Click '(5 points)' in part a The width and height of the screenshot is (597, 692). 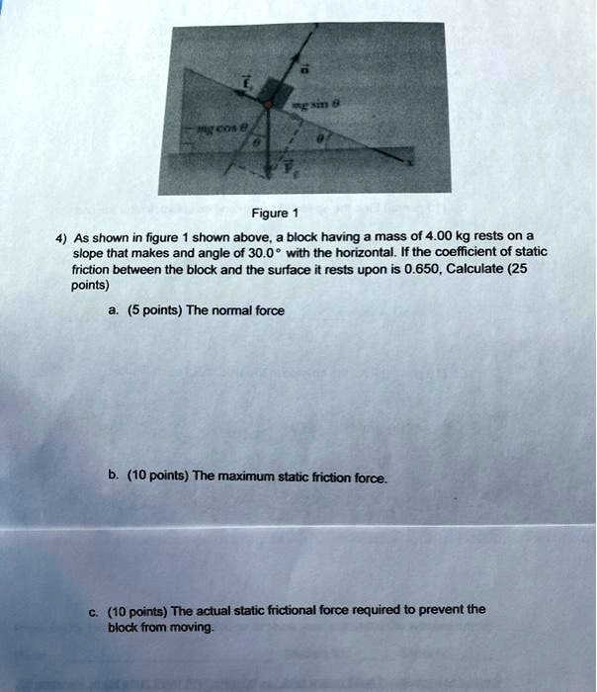click(146, 310)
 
